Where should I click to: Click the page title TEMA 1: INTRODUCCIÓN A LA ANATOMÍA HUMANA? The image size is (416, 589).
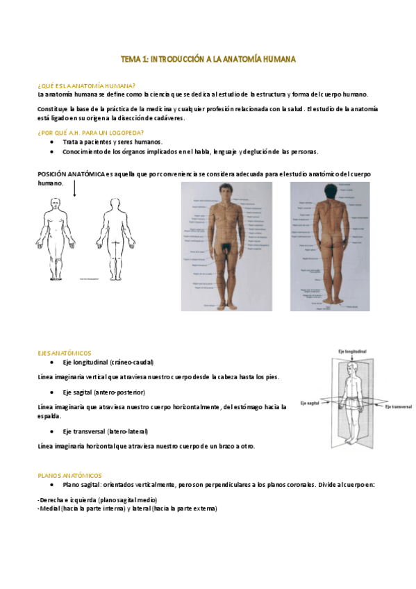pyautogui.click(x=208, y=60)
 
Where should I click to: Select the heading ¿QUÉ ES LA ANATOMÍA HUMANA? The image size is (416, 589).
pyautogui.click(x=86, y=85)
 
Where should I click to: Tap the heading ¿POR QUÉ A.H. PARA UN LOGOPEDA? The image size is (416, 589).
pyautogui.click(x=90, y=133)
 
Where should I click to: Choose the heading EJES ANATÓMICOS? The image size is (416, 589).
pyautogui.click(x=64, y=354)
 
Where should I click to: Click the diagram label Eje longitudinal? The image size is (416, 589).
pyautogui.click(x=352, y=352)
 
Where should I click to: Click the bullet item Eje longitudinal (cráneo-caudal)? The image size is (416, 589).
pyautogui.click(x=108, y=363)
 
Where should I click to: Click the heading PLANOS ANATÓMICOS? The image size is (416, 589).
pyautogui.click(x=69, y=475)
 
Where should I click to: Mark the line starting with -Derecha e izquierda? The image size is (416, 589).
pyautogui.click(x=97, y=500)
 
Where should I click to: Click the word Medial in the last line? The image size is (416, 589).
pyautogui.click(x=49, y=508)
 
